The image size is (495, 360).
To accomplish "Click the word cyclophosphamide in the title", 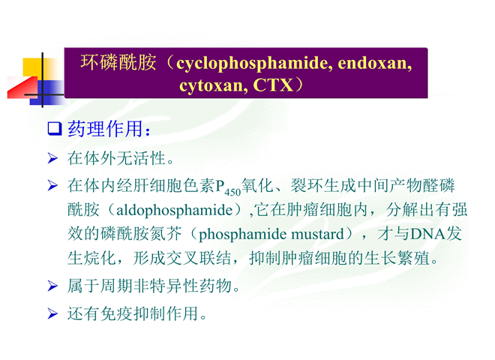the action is [x=253, y=64].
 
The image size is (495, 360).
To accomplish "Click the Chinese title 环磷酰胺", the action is [x=118, y=62].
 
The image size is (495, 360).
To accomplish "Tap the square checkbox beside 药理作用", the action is [x=54, y=128].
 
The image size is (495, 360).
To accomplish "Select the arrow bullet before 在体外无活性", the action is [x=52, y=158].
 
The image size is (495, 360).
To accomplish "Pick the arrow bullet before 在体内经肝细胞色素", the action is [x=52, y=185].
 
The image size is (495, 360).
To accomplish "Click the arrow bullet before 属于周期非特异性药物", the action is [x=52, y=286].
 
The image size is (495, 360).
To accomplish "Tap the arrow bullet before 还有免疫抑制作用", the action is [x=52, y=313].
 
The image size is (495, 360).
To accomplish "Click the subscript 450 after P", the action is [x=233, y=192].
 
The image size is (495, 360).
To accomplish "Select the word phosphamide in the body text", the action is [x=242, y=235].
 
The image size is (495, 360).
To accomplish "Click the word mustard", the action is [x=317, y=234].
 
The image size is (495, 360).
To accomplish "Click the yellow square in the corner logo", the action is [x=33, y=67].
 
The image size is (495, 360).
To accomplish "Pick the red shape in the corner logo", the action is [x=22, y=87].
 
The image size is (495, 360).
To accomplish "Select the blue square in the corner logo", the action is [x=47, y=91].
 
